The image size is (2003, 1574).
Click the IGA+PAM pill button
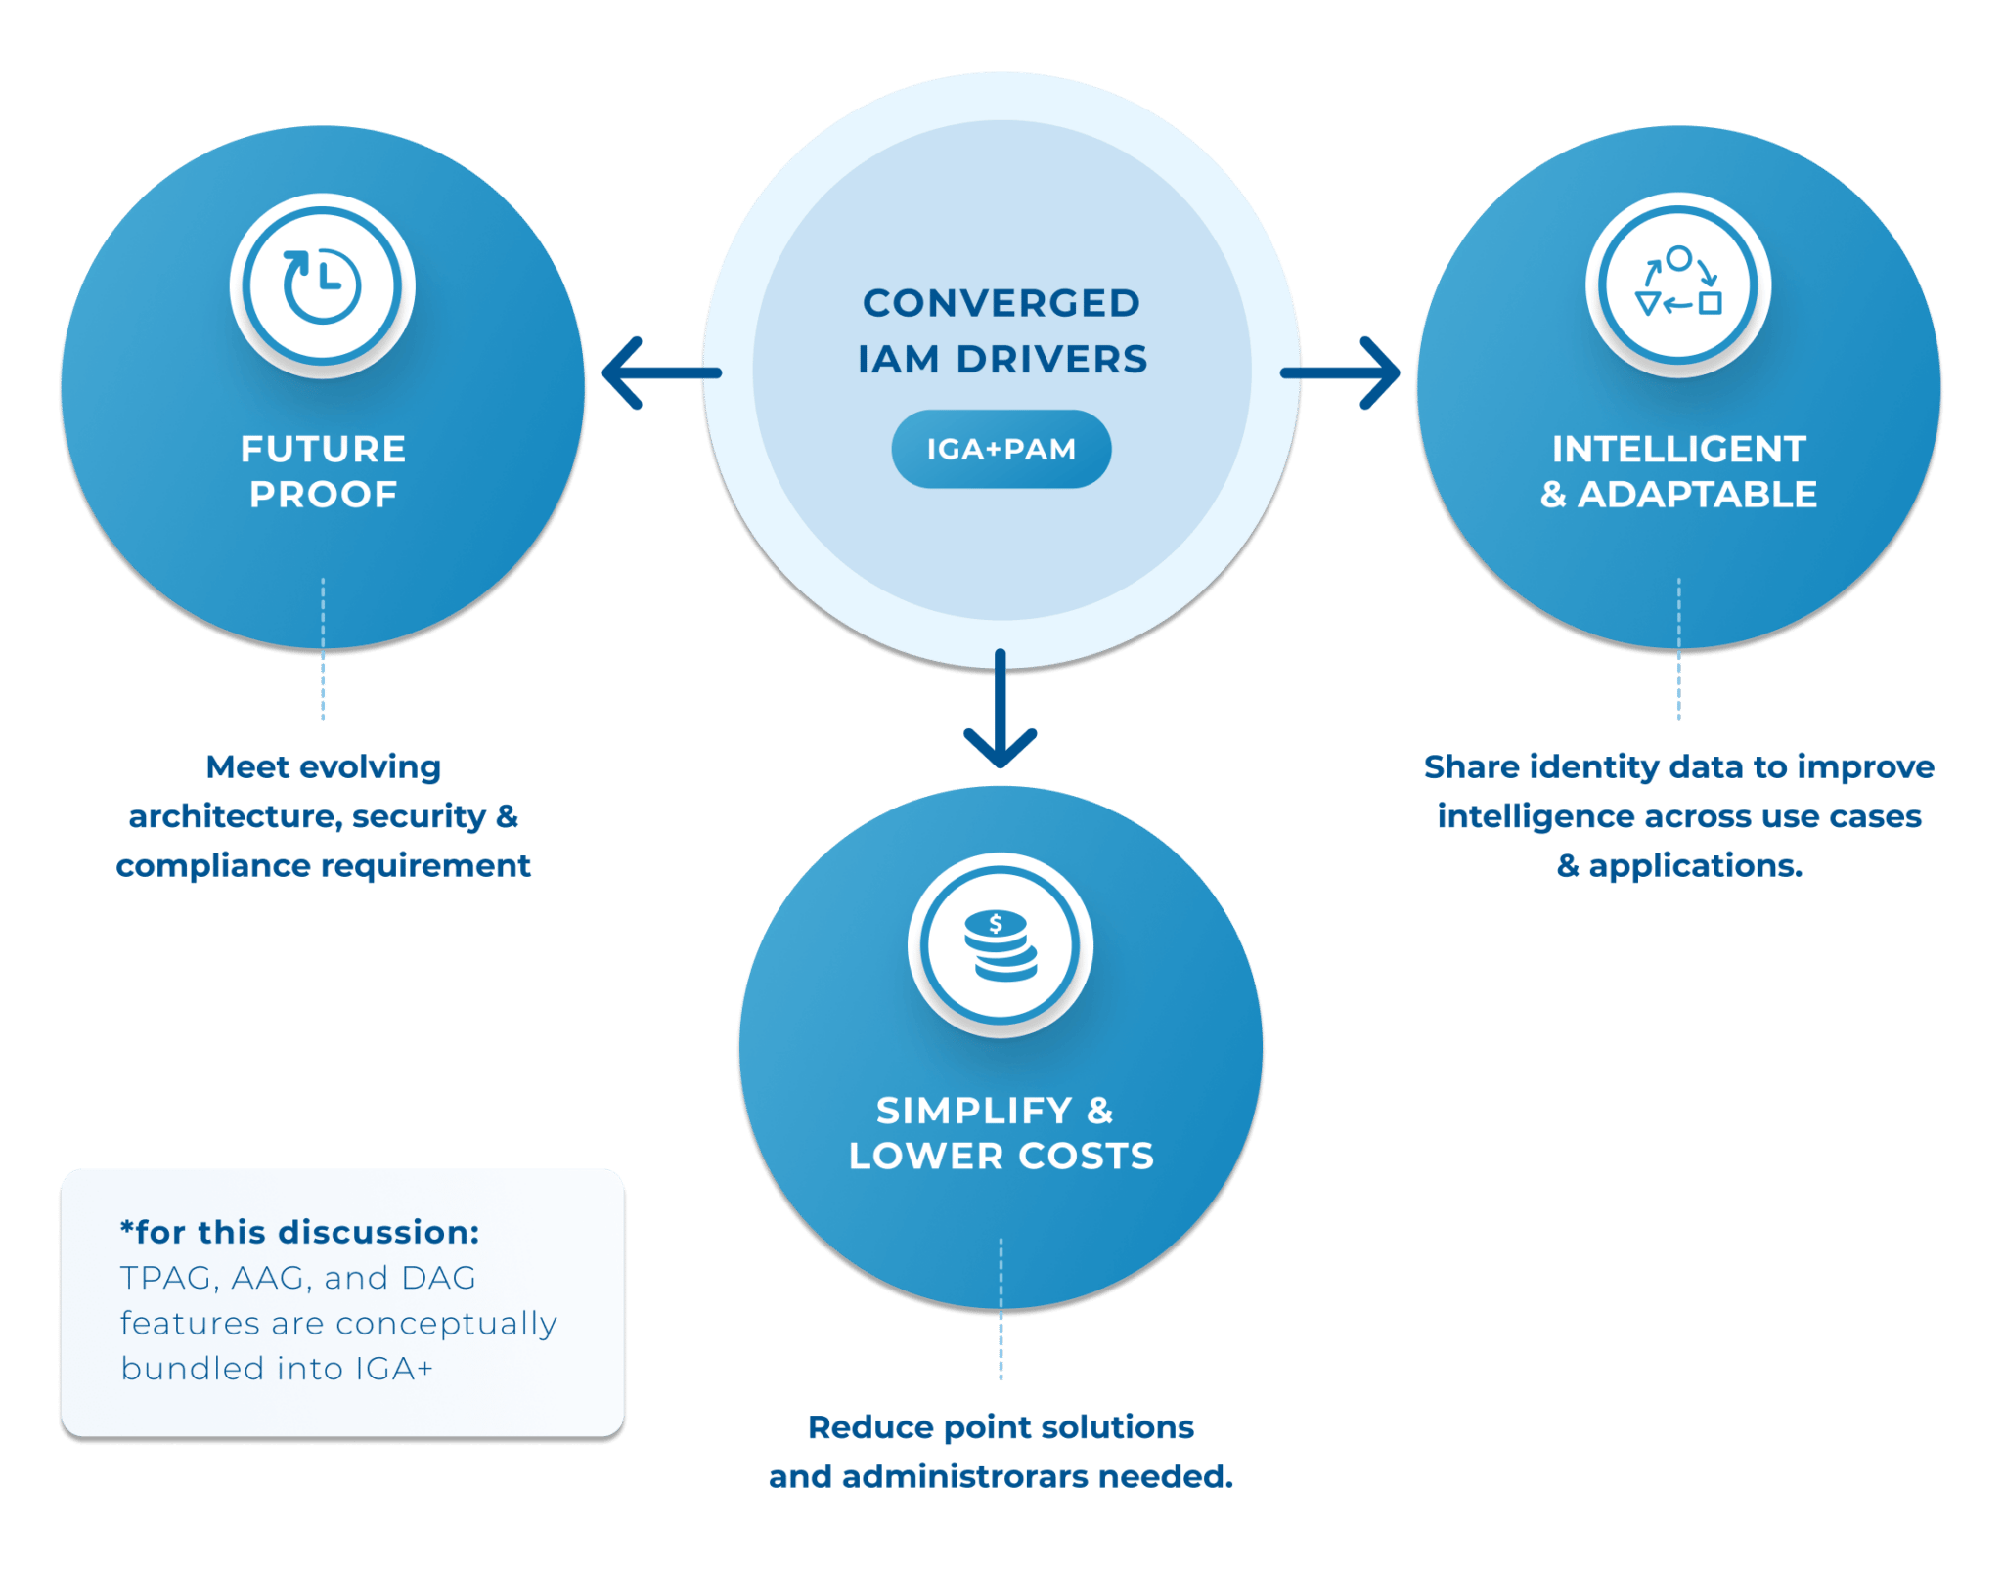[1001, 449]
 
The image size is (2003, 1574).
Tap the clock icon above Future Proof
[322, 285]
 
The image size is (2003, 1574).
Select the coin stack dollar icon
[1000, 945]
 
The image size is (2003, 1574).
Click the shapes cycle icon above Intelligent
[1678, 284]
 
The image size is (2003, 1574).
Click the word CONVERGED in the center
[1001, 303]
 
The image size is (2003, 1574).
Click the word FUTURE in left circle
[323, 449]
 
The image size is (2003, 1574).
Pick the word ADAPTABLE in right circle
[1697, 495]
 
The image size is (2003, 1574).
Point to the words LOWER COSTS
[1001, 1157]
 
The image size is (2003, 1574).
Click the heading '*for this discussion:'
[299, 1232]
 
